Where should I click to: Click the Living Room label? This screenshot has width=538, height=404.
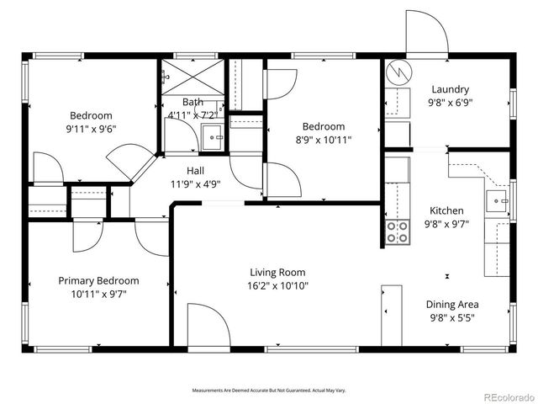pos(277,272)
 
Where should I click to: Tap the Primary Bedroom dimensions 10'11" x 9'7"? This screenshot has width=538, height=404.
pos(98,294)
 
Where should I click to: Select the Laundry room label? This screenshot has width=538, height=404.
pos(450,90)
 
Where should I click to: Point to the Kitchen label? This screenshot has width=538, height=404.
pos(447,210)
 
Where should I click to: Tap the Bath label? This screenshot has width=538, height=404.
pos(193,102)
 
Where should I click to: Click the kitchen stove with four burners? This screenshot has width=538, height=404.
pos(397,232)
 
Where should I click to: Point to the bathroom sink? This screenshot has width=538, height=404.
pos(213,134)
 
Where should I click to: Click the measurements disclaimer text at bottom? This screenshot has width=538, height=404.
pos(269,391)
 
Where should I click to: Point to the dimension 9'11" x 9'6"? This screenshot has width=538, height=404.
pos(91,129)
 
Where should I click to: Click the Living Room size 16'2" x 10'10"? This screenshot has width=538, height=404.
pos(277,285)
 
